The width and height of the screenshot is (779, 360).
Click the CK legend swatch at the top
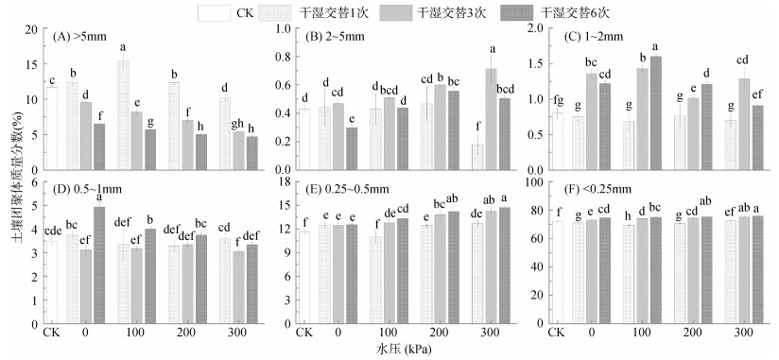214,13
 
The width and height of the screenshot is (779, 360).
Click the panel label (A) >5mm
79,36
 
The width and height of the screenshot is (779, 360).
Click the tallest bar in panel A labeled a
123,115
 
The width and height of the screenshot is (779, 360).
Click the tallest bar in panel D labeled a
100,266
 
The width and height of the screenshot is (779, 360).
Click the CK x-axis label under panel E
303,333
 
